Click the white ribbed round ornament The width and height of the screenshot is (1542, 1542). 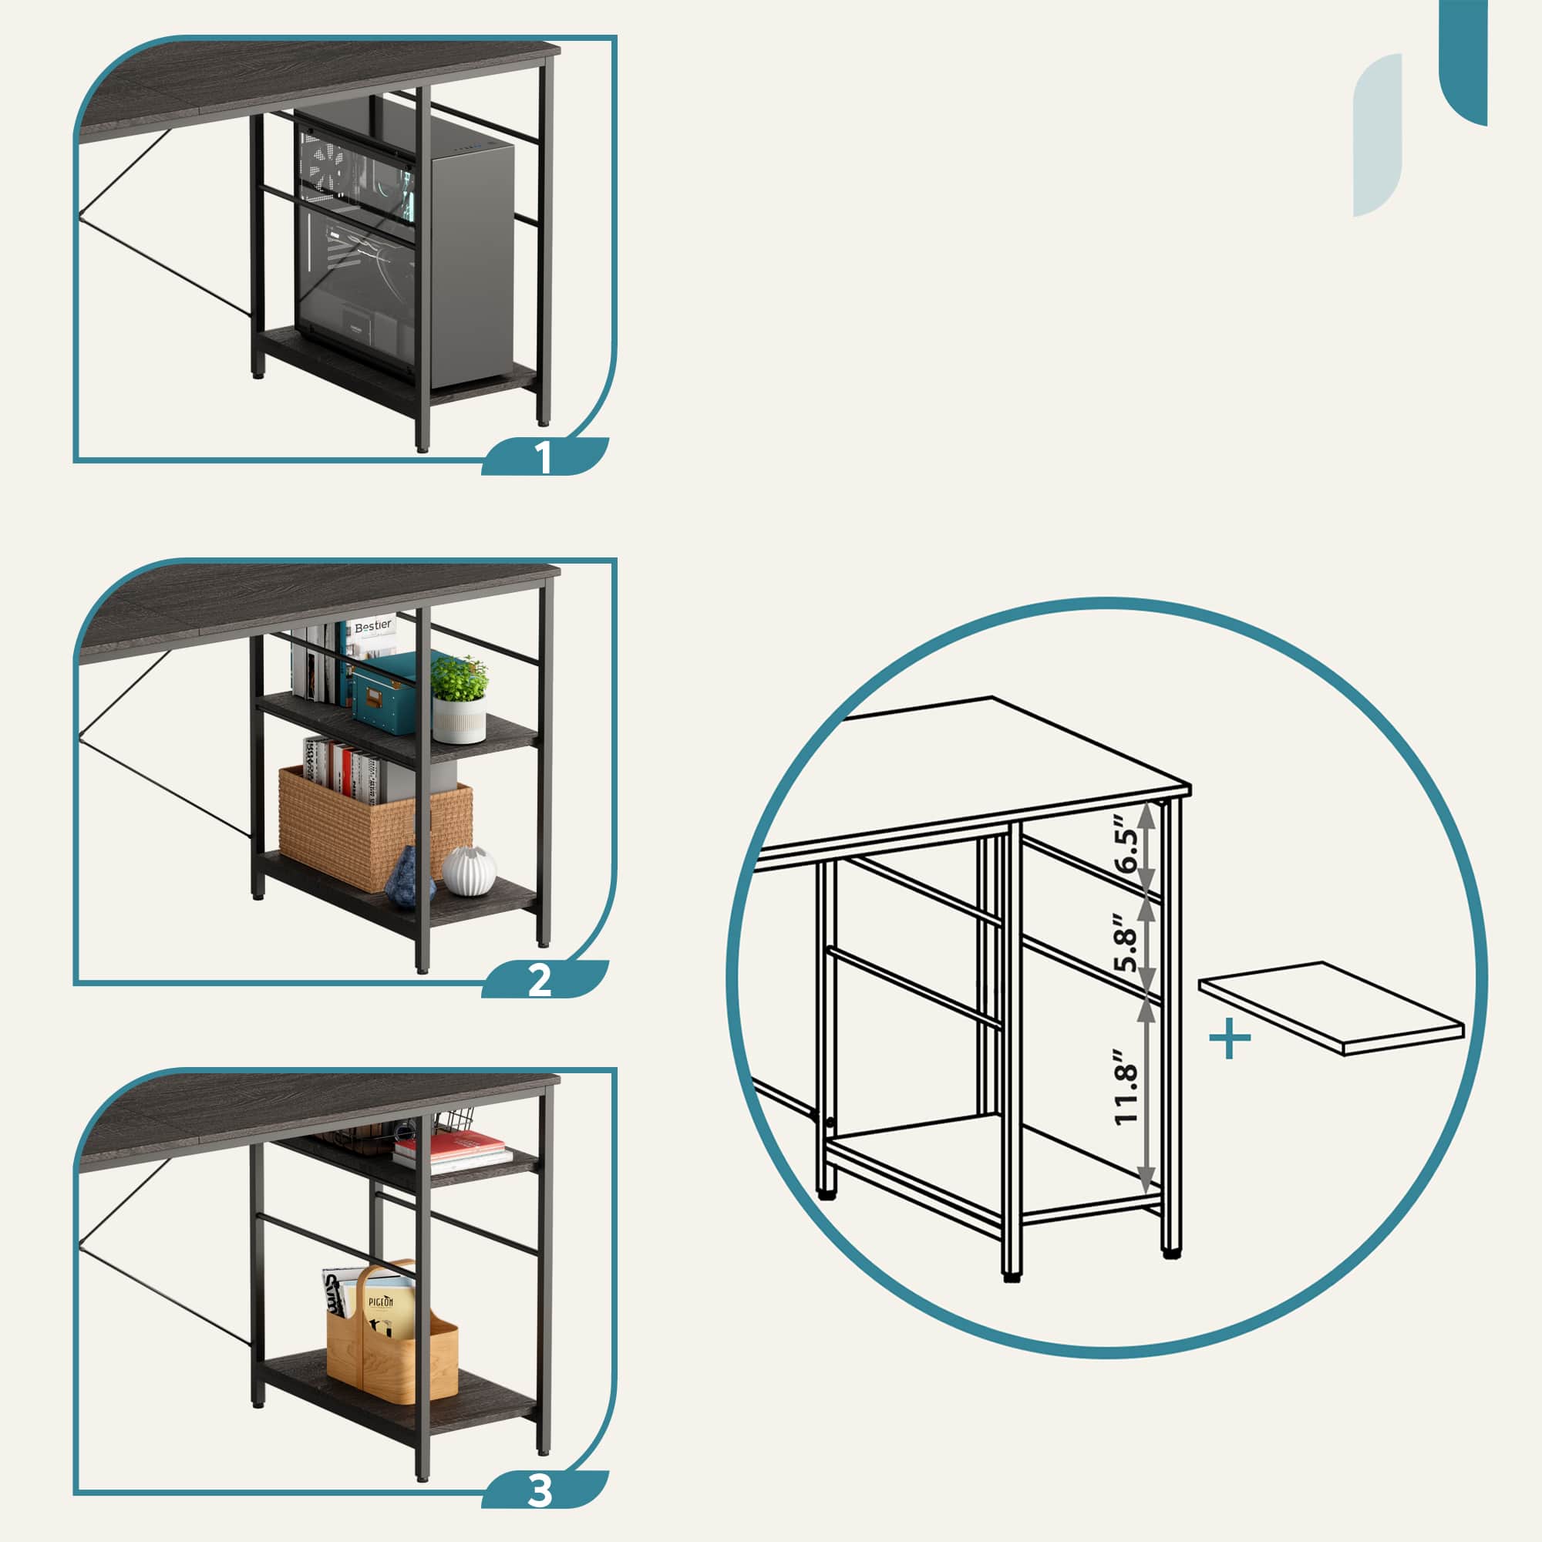470,870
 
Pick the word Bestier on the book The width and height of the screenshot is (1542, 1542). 373,626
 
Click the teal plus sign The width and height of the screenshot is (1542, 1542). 1230,1039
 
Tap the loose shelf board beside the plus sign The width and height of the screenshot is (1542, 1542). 1332,1008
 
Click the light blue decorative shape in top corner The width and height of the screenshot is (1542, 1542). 1378,136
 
